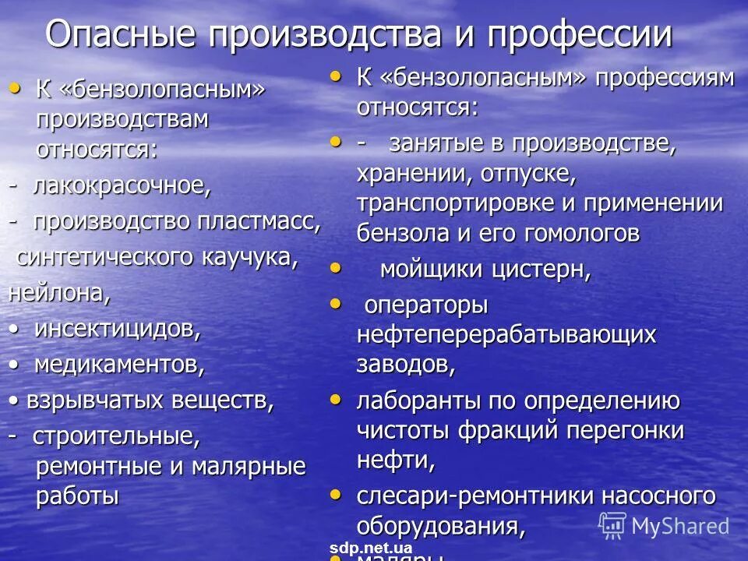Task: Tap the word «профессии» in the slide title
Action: pos(580,35)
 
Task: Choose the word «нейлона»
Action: pos(59,293)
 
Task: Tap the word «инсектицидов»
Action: pos(117,329)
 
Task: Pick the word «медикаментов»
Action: pos(119,365)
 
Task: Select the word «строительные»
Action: pos(117,436)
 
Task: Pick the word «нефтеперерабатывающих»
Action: pos(506,335)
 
